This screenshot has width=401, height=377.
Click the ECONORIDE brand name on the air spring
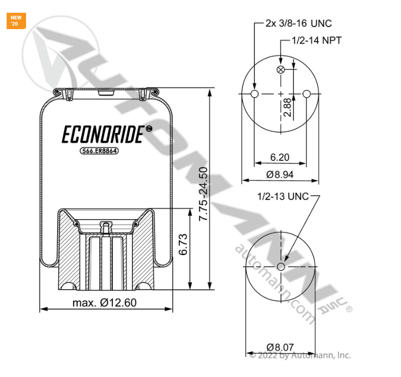(x=102, y=134)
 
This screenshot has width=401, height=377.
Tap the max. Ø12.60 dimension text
(x=104, y=302)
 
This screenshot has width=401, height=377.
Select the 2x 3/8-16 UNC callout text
(x=298, y=23)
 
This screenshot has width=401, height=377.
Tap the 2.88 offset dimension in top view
(x=288, y=107)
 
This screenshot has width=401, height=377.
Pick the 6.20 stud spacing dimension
(x=280, y=157)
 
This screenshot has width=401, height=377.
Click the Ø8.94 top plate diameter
(x=279, y=174)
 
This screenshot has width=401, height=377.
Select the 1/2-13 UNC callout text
(x=283, y=196)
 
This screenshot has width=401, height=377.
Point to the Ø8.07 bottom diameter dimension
(x=280, y=347)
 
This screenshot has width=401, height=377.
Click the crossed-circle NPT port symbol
(x=280, y=70)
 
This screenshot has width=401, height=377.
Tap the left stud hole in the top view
(x=255, y=94)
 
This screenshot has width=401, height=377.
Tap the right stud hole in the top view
(x=306, y=94)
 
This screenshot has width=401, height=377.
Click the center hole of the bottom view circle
(x=280, y=267)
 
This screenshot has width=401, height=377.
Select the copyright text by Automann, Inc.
(x=300, y=355)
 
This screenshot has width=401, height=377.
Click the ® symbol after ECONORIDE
(x=149, y=129)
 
